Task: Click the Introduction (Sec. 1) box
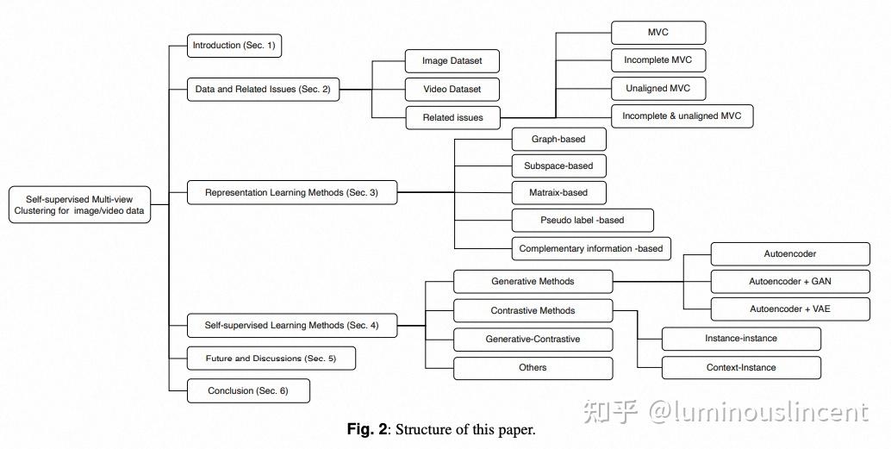(x=234, y=46)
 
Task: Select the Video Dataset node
(x=452, y=90)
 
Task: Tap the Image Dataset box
(x=452, y=61)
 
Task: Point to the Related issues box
(x=452, y=117)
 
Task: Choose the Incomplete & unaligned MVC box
(x=682, y=116)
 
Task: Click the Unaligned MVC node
(x=658, y=89)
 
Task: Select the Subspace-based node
(x=558, y=165)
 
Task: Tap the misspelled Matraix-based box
(x=558, y=192)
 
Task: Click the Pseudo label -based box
(x=583, y=220)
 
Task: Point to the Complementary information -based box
(x=591, y=248)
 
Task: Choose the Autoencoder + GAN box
(x=790, y=281)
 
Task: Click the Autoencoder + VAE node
(x=790, y=309)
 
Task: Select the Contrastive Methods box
(x=533, y=310)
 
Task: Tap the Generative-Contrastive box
(x=533, y=339)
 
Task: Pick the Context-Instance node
(x=740, y=367)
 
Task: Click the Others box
(x=533, y=368)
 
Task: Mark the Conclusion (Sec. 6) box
(x=248, y=391)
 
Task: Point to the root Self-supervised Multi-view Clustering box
(x=79, y=204)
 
